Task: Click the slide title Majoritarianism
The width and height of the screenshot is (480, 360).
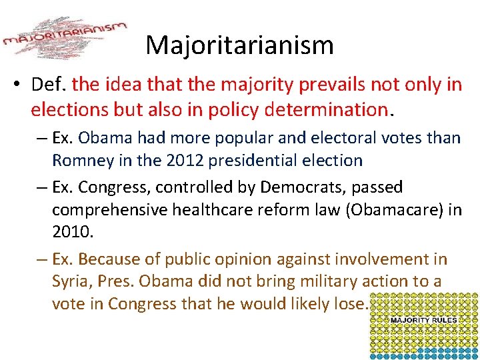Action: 239,45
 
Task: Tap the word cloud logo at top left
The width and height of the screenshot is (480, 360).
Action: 65,38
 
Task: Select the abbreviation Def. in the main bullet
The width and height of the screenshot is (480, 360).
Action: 49,85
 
